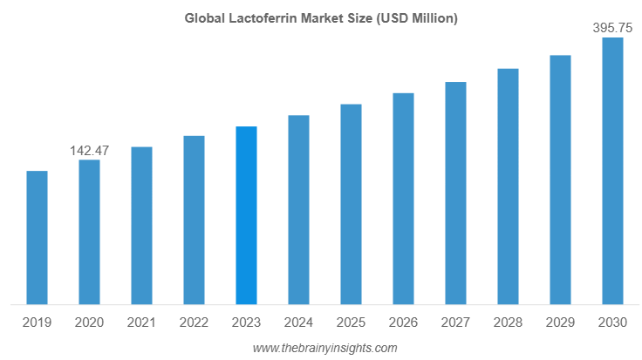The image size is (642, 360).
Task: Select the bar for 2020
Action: click(x=89, y=233)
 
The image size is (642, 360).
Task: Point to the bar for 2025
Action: click(x=351, y=205)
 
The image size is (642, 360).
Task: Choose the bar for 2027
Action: click(x=455, y=194)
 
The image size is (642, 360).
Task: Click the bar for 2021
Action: click(x=141, y=226)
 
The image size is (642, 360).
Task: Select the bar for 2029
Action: click(x=560, y=180)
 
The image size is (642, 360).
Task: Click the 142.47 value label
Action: click(x=89, y=151)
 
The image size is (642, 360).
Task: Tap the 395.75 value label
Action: click(x=612, y=28)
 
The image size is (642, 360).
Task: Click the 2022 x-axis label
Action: click(x=194, y=323)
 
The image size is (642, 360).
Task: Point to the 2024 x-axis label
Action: click(x=298, y=323)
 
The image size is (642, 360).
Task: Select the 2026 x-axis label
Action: click(x=403, y=323)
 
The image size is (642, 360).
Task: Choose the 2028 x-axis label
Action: click(x=508, y=323)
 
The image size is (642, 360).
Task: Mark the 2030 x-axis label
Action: click(x=612, y=323)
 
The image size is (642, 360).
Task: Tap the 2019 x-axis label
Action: click(x=37, y=323)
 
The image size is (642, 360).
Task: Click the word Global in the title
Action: click(x=203, y=17)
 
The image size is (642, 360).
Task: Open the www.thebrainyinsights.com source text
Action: click(x=324, y=348)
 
